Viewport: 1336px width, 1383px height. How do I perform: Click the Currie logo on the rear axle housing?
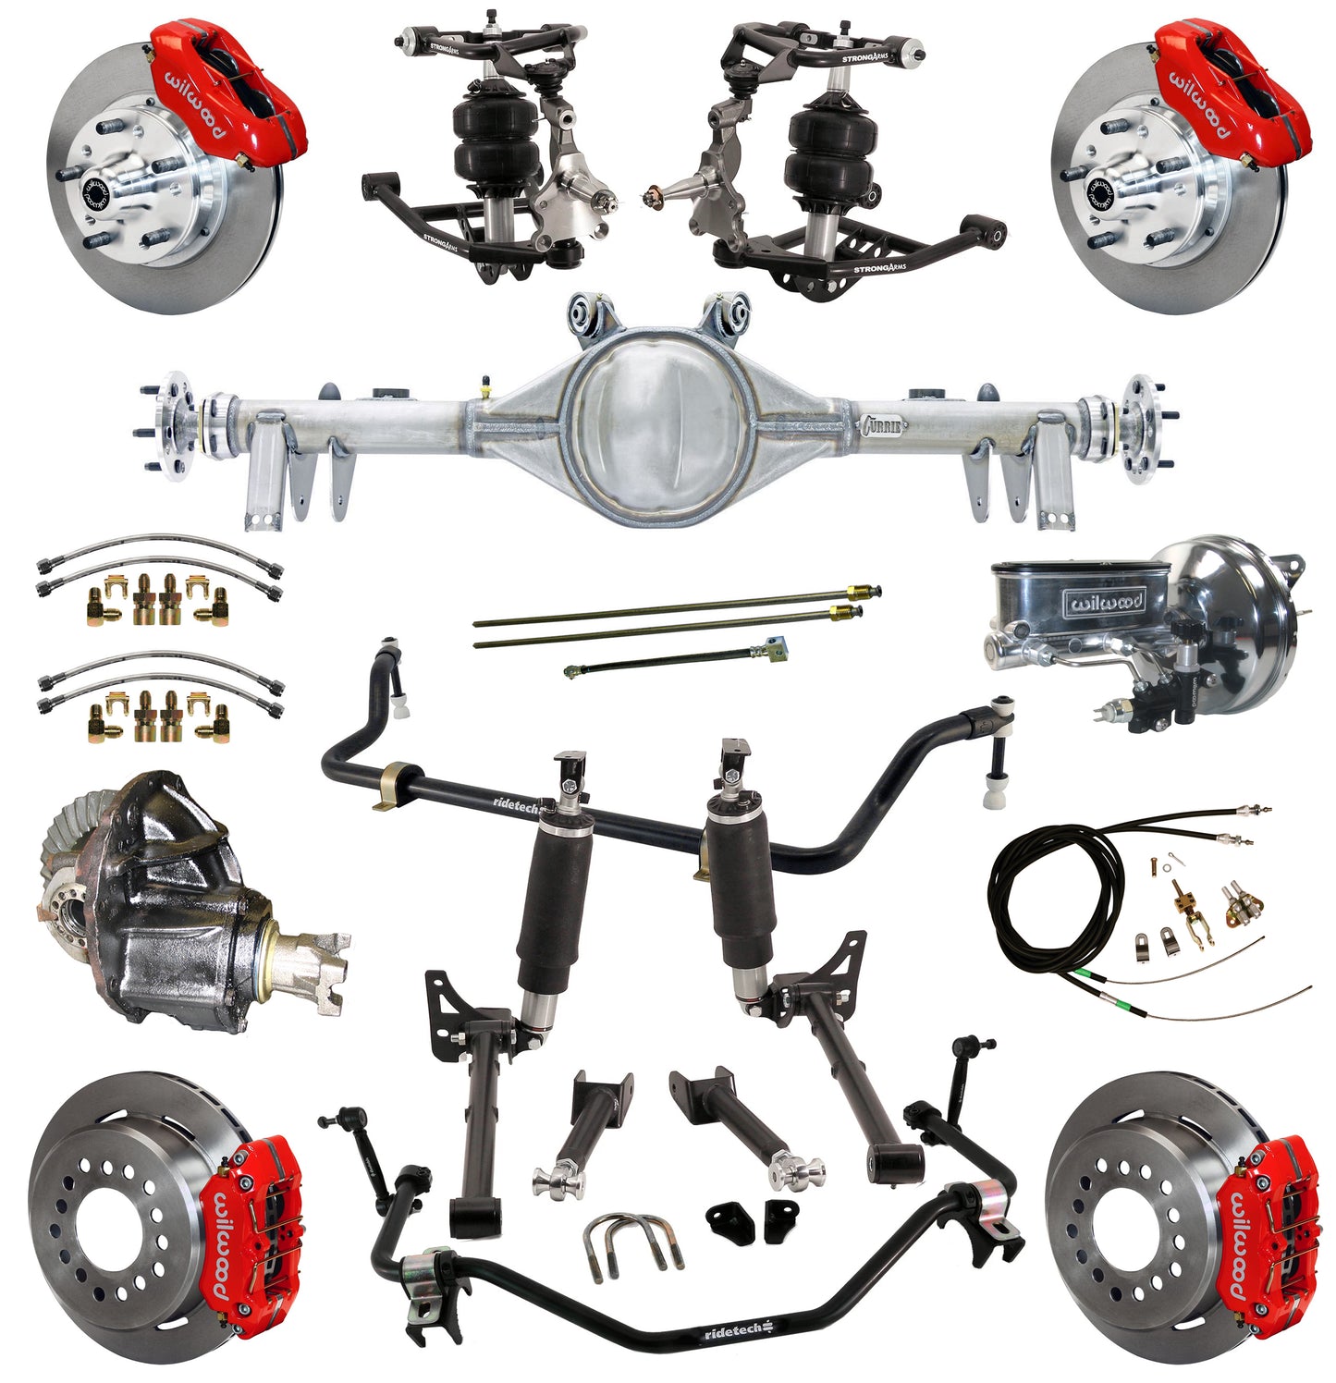pyautogui.click(x=881, y=424)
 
